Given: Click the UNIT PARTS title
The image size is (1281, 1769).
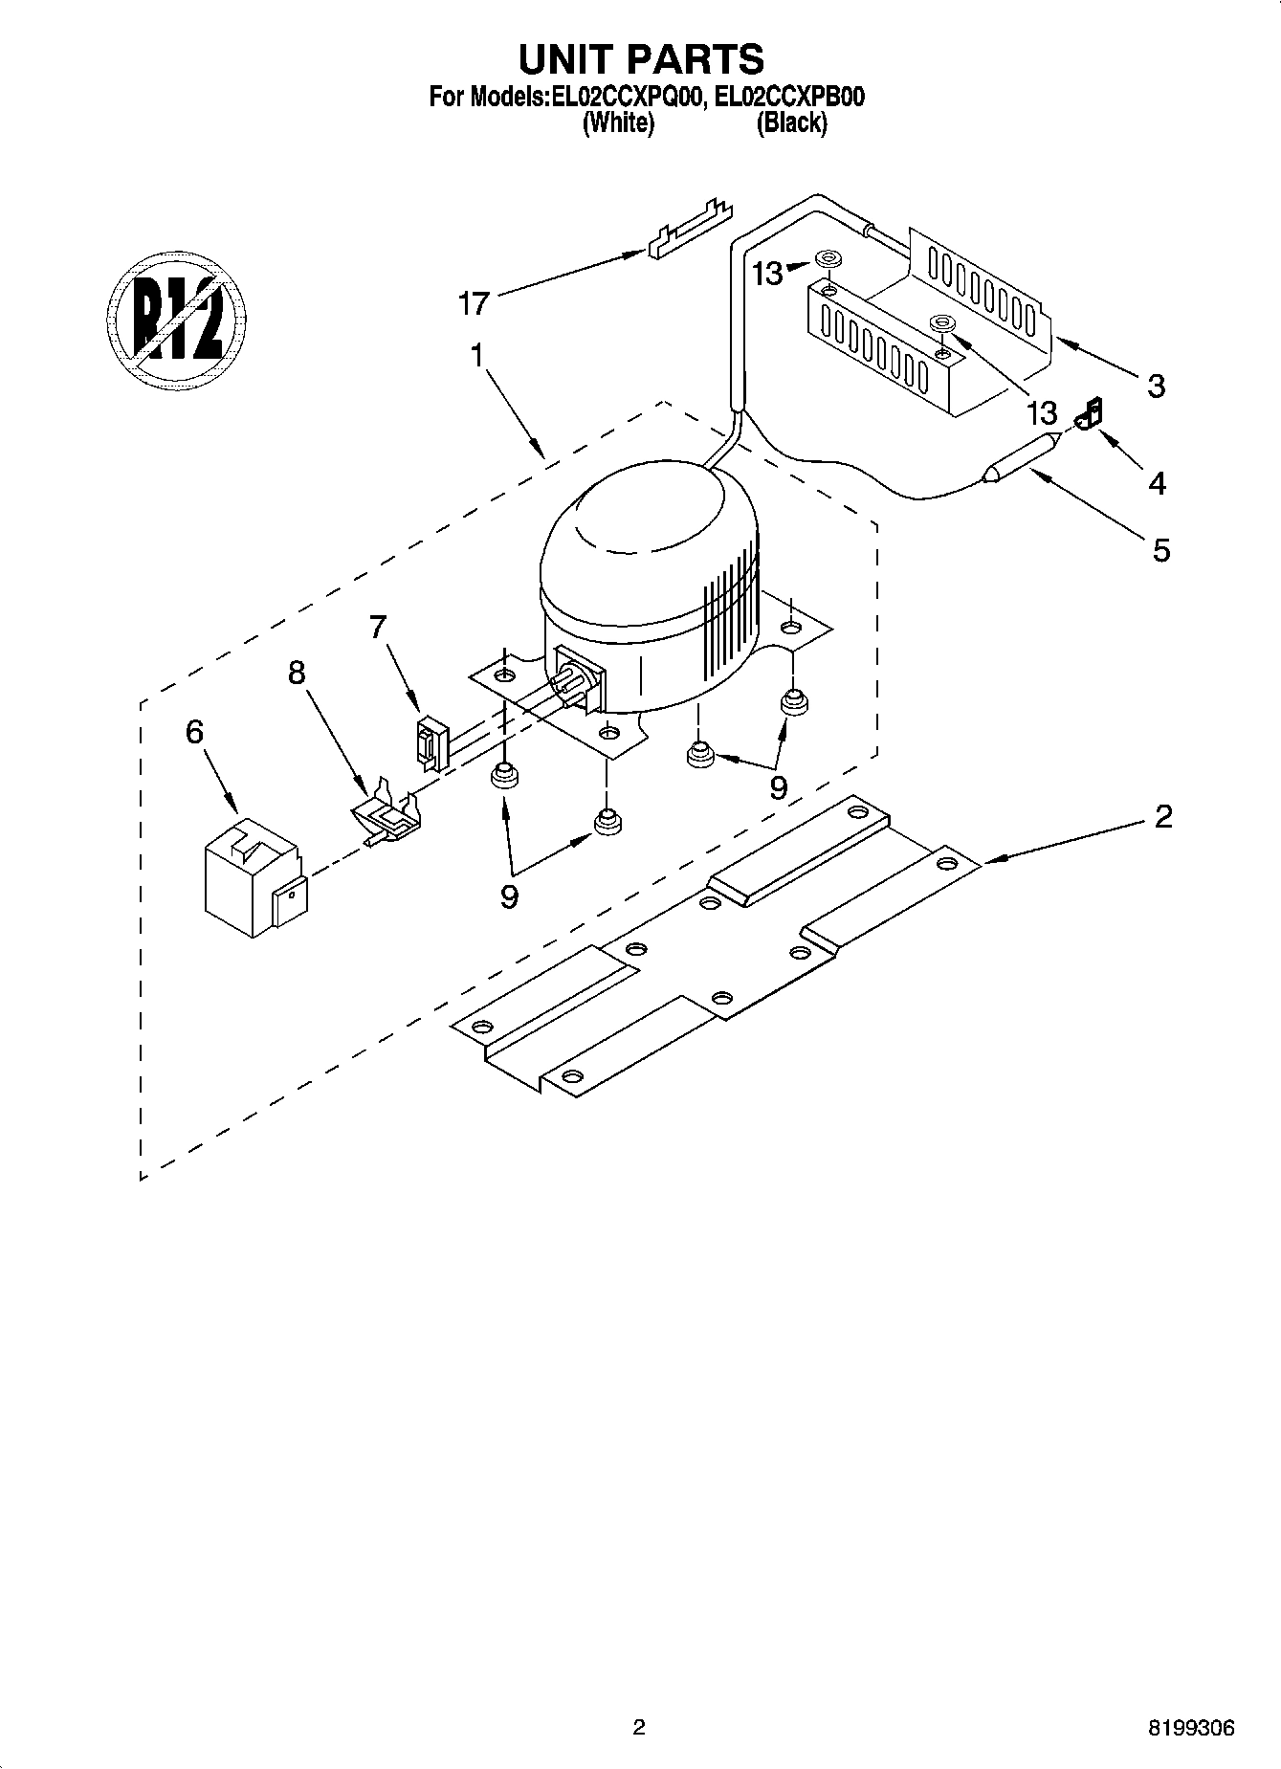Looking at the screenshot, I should tap(640, 59).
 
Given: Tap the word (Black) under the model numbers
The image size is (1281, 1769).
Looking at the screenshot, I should tap(791, 123).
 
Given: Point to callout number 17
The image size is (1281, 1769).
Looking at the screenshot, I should tap(474, 304).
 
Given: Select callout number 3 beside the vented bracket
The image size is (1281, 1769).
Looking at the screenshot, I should tap(1156, 387).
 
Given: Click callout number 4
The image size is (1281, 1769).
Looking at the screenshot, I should tap(1157, 483).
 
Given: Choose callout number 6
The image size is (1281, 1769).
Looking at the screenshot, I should tap(194, 732).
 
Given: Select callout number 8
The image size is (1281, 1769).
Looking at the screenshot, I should tap(297, 673).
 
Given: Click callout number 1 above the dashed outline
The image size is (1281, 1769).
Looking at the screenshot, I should tap(475, 355).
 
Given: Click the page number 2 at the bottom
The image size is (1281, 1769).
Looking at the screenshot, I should tap(639, 1727).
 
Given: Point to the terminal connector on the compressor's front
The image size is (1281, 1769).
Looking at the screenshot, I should tap(577, 681).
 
